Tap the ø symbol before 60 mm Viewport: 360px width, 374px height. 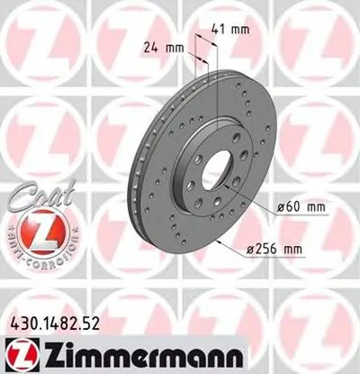pyautogui.click(x=282, y=209)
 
